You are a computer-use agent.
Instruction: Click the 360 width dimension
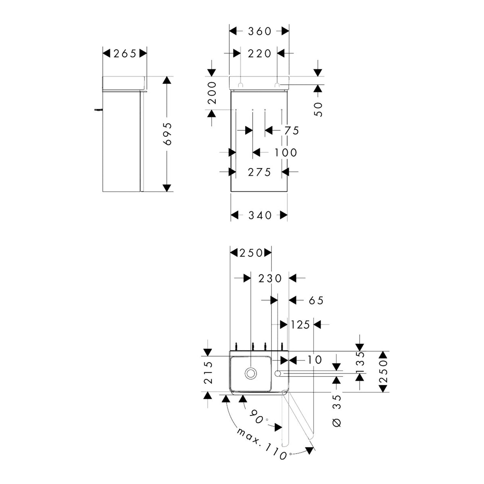click(x=259, y=31)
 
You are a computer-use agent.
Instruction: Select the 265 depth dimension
click(x=125, y=53)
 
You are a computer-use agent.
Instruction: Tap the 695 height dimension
click(x=167, y=134)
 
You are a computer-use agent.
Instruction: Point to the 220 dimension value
click(x=259, y=53)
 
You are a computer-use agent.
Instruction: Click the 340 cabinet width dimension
click(x=260, y=215)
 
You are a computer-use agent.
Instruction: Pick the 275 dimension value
click(x=259, y=172)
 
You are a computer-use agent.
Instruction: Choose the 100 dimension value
click(x=286, y=152)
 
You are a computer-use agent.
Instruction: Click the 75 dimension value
click(x=291, y=131)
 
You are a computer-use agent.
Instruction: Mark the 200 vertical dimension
click(x=212, y=93)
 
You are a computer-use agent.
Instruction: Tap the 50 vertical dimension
click(x=318, y=109)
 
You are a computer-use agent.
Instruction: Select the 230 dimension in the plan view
click(x=270, y=278)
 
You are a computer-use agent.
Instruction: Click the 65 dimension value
click(x=316, y=300)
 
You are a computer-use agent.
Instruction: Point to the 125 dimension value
click(x=300, y=325)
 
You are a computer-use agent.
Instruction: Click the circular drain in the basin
click(x=250, y=373)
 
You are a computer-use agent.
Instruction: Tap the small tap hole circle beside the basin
click(x=278, y=373)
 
